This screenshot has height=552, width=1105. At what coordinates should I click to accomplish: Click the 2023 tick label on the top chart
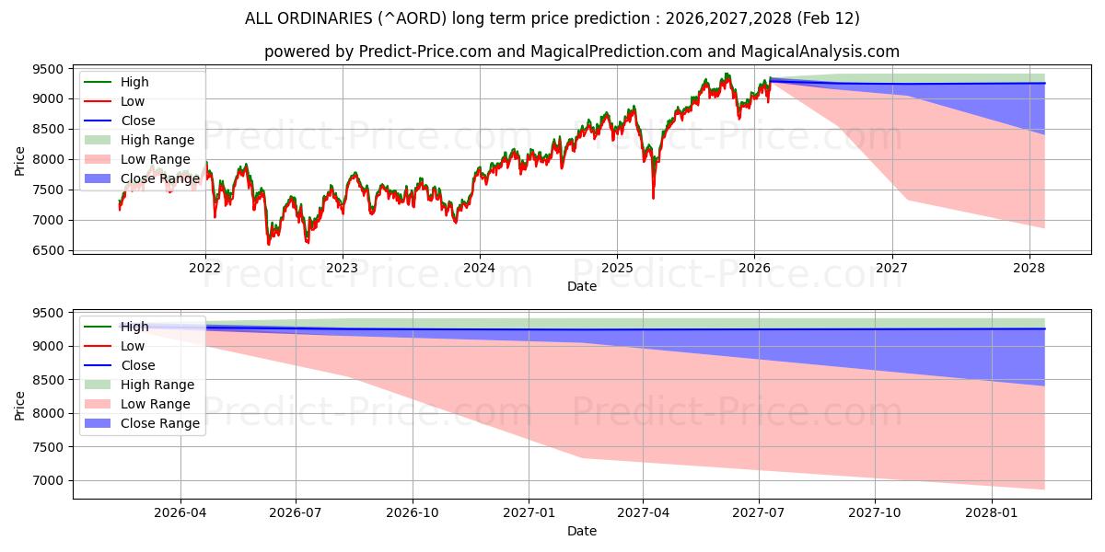coord(343,268)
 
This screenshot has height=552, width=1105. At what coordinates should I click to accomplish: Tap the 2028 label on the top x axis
coord(1029,268)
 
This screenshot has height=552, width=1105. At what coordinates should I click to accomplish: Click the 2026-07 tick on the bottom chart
coord(296,512)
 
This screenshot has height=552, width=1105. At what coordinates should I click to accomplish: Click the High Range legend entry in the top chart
coord(157,140)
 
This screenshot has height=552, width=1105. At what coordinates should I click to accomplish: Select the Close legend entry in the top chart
coord(138,121)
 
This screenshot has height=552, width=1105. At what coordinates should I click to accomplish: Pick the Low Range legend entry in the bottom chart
coord(156,404)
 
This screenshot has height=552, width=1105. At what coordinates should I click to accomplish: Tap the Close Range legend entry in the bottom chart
coord(160,423)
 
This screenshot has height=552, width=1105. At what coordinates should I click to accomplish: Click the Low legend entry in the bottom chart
coord(133,346)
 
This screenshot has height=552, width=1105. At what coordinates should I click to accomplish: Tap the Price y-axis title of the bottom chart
coord(20,405)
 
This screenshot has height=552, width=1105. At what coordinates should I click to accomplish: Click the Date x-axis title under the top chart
coord(582,286)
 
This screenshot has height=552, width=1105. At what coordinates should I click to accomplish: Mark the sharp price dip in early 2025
coord(653,196)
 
